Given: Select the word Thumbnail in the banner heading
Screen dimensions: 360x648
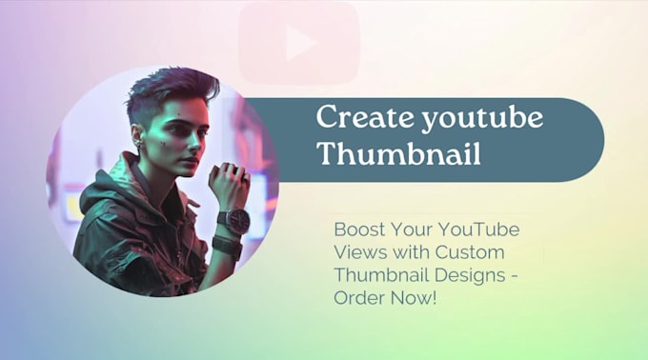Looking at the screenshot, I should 375,153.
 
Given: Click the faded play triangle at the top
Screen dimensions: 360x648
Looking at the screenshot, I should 301,43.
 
